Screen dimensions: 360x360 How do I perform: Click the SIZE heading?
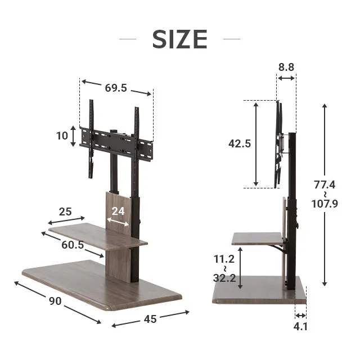click(x=180, y=39)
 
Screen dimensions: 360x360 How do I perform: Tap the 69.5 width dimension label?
click(x=116, y=88)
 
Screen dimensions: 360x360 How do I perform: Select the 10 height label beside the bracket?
click(x=62, y=136)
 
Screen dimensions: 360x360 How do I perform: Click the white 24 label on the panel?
click(x=118, y=211)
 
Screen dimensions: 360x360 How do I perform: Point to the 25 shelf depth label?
click(x=65, y=211)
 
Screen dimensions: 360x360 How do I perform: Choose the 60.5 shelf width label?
click(x=73, y=245)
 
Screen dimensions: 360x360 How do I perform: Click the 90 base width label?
click(x=55, y=301)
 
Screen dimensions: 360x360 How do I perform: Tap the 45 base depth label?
click(x=150, y=319)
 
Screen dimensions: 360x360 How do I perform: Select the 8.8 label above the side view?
click(x=286, y=67)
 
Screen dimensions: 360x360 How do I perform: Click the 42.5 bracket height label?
click(x=240, y=144)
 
